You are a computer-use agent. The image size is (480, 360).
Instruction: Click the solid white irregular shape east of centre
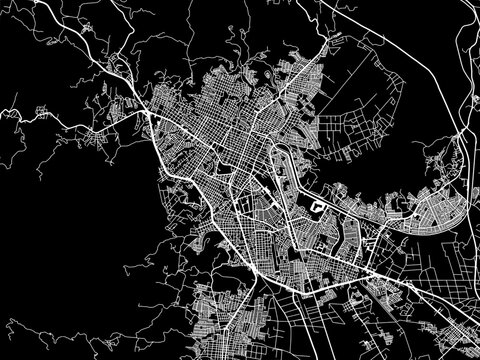319,208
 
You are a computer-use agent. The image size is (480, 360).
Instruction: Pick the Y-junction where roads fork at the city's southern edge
262,275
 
